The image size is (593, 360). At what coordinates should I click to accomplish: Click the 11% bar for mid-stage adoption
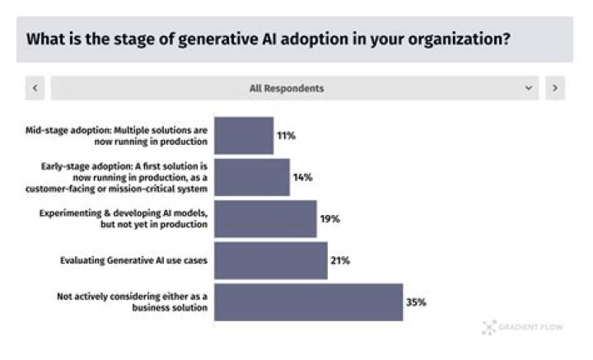click(x=244, y=135)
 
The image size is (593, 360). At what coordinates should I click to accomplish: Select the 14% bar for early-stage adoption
click(x=252, y=177)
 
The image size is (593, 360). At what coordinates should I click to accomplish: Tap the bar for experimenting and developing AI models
click(x=265, y=218)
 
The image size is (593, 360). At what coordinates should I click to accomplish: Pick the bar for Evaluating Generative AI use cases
click(x=271, y=260)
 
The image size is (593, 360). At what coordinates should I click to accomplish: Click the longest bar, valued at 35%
click(x=309, y=302)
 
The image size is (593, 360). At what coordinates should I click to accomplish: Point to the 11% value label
click(x=286, y=135)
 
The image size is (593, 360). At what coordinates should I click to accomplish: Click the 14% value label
click(x=302, y=177)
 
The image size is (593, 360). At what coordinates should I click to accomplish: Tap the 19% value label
click(x=329, y=218)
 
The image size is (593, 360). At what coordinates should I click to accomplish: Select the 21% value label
click(x=340, y=260)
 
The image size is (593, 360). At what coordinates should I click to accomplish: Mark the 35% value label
click(x=416, y=302)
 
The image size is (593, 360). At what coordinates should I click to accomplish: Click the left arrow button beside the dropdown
click(x=35, y=88)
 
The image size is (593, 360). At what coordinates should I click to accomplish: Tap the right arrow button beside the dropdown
click(x=555, y=88)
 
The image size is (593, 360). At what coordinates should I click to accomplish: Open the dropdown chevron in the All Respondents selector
click(x=528, y=88)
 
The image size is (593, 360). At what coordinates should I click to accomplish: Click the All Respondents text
click(x=287, y=88)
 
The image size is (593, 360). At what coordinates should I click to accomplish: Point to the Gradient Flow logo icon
click(x=489, y=328)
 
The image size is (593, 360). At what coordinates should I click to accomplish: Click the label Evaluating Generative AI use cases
click(x=134, y=260)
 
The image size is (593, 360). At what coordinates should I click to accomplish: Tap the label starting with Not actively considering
click(x=132, y=302)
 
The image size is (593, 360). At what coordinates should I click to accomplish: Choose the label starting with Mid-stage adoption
click(x=116, y=136)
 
